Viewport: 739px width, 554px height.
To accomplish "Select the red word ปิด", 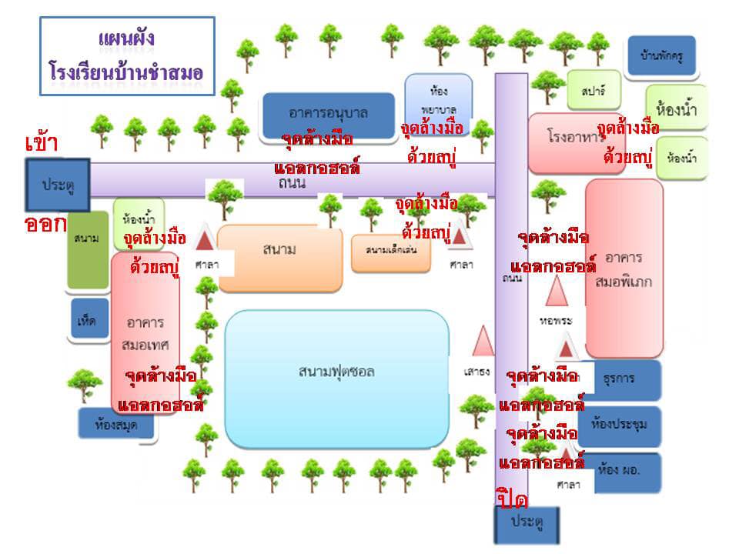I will [x=512, y=499].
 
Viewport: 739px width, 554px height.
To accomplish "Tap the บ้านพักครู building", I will [x=661, y=56].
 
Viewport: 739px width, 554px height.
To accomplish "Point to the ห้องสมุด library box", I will [x=116, y=423].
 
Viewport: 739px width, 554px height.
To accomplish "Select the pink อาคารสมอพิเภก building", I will [x=624, y=269].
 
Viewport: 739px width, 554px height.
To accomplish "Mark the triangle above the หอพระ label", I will [x=555, y=292].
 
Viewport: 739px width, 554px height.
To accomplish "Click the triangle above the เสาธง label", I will [x=483, y=341].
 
